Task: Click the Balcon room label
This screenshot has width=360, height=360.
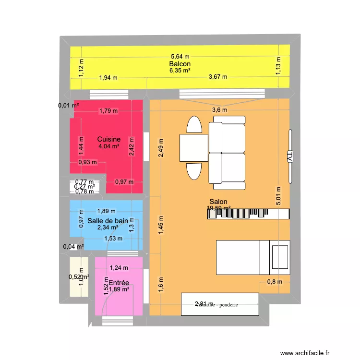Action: coord(180,64)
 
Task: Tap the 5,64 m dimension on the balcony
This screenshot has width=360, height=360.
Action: coord(180,56)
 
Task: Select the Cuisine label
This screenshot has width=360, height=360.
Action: coord(108,139)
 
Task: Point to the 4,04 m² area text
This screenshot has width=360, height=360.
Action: coord(108,147)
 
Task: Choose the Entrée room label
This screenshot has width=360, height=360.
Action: coord(118,283)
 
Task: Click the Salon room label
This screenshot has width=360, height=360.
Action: coord(218,202)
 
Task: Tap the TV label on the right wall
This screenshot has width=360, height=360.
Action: coord(289,156)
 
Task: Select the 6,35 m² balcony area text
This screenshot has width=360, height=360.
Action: coord(180,71)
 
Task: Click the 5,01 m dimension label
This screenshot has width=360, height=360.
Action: coord(276,196)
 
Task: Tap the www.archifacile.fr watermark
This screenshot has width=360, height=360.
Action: coord(311,351)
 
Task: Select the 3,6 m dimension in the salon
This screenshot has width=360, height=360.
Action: coord(220,110)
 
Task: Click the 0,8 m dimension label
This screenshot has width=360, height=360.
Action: coord(275,282)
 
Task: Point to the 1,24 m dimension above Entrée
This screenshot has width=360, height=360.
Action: coord(118,268)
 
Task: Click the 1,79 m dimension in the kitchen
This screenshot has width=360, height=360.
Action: coord(108,111)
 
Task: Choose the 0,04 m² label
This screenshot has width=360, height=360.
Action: coord(73,247)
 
